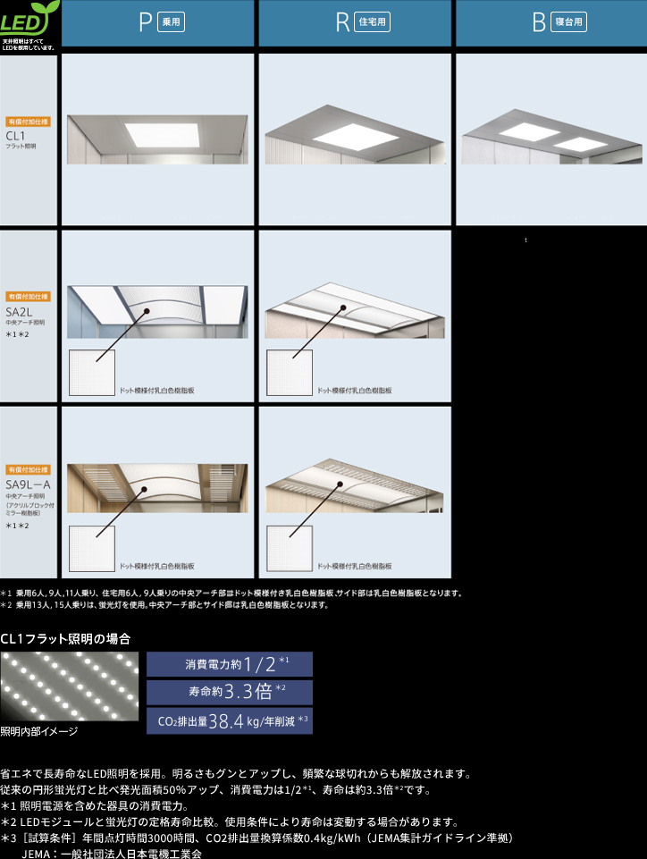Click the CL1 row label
coord(15,135)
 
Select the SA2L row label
coord(18,311)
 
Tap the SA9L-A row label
coord(28,484)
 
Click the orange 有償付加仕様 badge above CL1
coord(29,121)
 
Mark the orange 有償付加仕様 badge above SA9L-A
coord(29,469)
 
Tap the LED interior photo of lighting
coord(70,686)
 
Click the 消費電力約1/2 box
coord(230,664)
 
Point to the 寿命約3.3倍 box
coord(230,692)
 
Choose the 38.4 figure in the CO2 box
coord(225,720)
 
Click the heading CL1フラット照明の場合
coord(65,639)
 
